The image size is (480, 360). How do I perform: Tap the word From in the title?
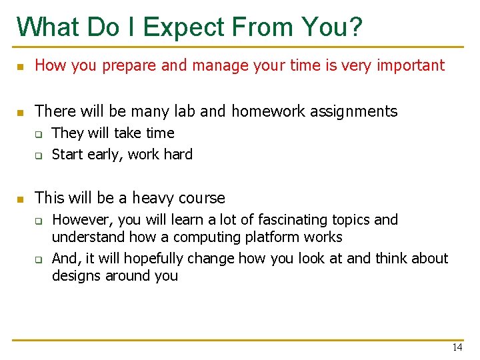tap(264, 27)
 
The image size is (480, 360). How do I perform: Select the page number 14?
tap(457, 347)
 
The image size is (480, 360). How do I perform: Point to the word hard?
tap(178, 154)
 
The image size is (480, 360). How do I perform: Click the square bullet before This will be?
tap(20, 199)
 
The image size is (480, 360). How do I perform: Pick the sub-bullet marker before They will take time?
tap(39, 134)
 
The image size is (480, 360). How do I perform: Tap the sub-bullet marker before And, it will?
tap(39, 259)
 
